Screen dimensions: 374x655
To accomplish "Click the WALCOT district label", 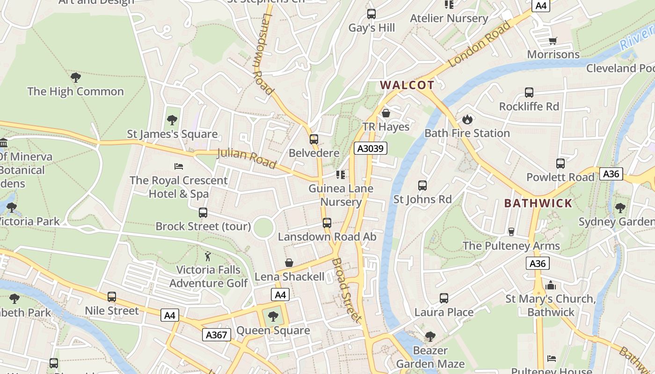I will click(x=407, y=85).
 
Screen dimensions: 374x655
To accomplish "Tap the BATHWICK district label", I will click(x=538, y=203).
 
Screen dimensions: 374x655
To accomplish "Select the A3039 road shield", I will click(x=370, y=149).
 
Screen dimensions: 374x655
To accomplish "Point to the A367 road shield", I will click(x=217, y=335).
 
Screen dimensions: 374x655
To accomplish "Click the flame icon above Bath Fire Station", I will click(x=467, y=120).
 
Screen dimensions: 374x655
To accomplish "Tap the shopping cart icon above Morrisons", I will click(x=553, y=41).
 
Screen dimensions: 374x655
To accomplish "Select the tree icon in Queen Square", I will click(x=273, y=316).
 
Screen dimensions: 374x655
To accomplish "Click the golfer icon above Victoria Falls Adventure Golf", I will click(x=208, y=256).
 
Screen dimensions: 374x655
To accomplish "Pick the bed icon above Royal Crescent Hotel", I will click(x=178, y=166).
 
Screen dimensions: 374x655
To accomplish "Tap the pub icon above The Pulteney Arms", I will click(x=511, y=232).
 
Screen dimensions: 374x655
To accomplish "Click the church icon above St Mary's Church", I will click(x=551, y=285).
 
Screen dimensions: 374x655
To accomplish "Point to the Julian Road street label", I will click(x=247, y=158).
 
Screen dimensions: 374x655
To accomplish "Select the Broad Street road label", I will click(x=347, y=290).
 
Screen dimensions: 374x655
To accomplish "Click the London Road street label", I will click(x=480, y=44).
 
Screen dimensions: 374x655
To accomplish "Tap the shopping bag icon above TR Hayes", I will click(x=386, y=113).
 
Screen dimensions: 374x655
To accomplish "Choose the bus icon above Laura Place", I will click(x=444, y=298).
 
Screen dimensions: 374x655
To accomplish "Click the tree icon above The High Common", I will click(x=75, y=78).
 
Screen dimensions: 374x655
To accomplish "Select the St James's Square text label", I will click(x=172, y=134).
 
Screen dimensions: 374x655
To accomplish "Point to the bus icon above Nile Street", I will click(x=111, y=297).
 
